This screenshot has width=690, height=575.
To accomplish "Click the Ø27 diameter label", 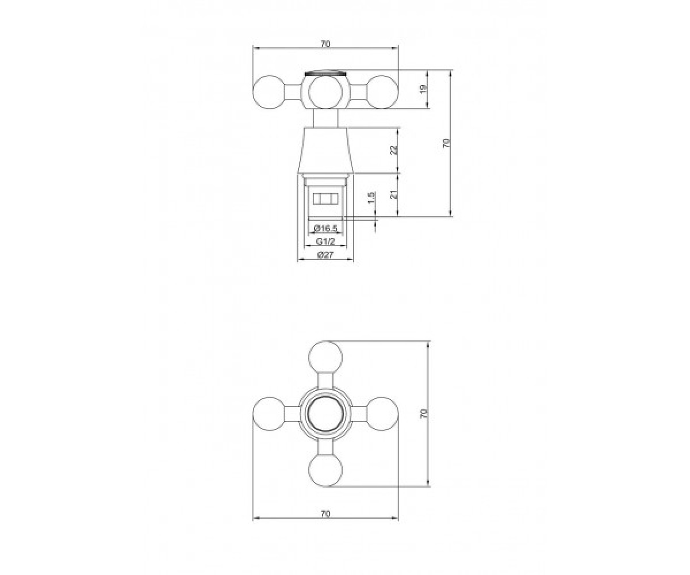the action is [325, 255].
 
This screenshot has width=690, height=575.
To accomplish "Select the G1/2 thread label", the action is [325, 241].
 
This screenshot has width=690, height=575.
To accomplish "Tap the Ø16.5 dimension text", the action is [325, 228].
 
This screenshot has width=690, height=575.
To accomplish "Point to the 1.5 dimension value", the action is [371, 198].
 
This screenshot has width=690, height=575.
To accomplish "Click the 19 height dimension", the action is [424, 89].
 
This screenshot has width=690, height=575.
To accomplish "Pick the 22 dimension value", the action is [393, 150].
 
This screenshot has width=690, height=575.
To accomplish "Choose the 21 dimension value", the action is [393, 194].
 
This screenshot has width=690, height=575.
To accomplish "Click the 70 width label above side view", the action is [325, 44].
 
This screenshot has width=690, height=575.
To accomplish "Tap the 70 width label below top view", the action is [325, 514].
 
